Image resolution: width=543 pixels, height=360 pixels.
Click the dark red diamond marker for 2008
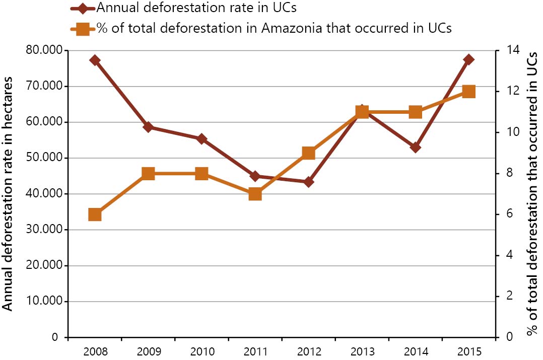click(x=95, y=60)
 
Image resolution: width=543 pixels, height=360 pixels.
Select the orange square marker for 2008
click(x=95, y=214)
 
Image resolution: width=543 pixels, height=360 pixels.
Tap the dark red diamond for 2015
click(x=468, y=60)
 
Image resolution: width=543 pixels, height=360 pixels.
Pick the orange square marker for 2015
click(x=468, y=92)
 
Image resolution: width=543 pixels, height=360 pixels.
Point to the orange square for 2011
click(x=255, y=194)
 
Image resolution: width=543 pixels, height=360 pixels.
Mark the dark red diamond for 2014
click(x=415, y=148)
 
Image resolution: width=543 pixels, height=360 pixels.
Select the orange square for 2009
click(x=148, y=174)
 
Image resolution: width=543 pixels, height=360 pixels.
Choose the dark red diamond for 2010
click(x=201, y=139)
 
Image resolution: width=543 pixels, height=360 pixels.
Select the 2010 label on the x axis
click(x=201, y=350)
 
